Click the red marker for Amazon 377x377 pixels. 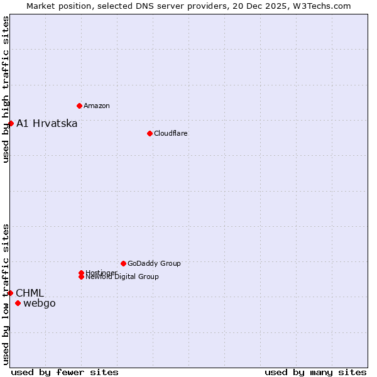tap(79, 106)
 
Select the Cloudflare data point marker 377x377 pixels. tap(150, 133)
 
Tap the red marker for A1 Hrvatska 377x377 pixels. tap(11, 123)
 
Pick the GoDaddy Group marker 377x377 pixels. tap(123, 263)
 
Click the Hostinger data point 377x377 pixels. tap(82, 273)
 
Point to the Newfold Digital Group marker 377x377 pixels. tap(82, 276)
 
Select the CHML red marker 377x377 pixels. tap(10, 293)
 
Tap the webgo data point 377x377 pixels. tap(18, 303)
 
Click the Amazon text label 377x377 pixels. tap(97, 106)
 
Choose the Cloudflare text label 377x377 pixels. tap(171, 133)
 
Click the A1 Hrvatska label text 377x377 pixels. tap(47, 123)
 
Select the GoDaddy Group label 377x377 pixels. tap(154, 263)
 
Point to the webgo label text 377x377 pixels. tap(40, 303)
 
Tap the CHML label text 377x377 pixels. tap(30, 293)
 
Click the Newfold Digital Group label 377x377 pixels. tap(123, 277)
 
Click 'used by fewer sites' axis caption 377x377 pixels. tap(65, 372)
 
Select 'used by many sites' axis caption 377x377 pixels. tap(315, 372)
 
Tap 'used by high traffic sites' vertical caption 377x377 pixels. tap(6, 89)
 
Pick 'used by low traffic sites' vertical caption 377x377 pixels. tap(6, 294)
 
